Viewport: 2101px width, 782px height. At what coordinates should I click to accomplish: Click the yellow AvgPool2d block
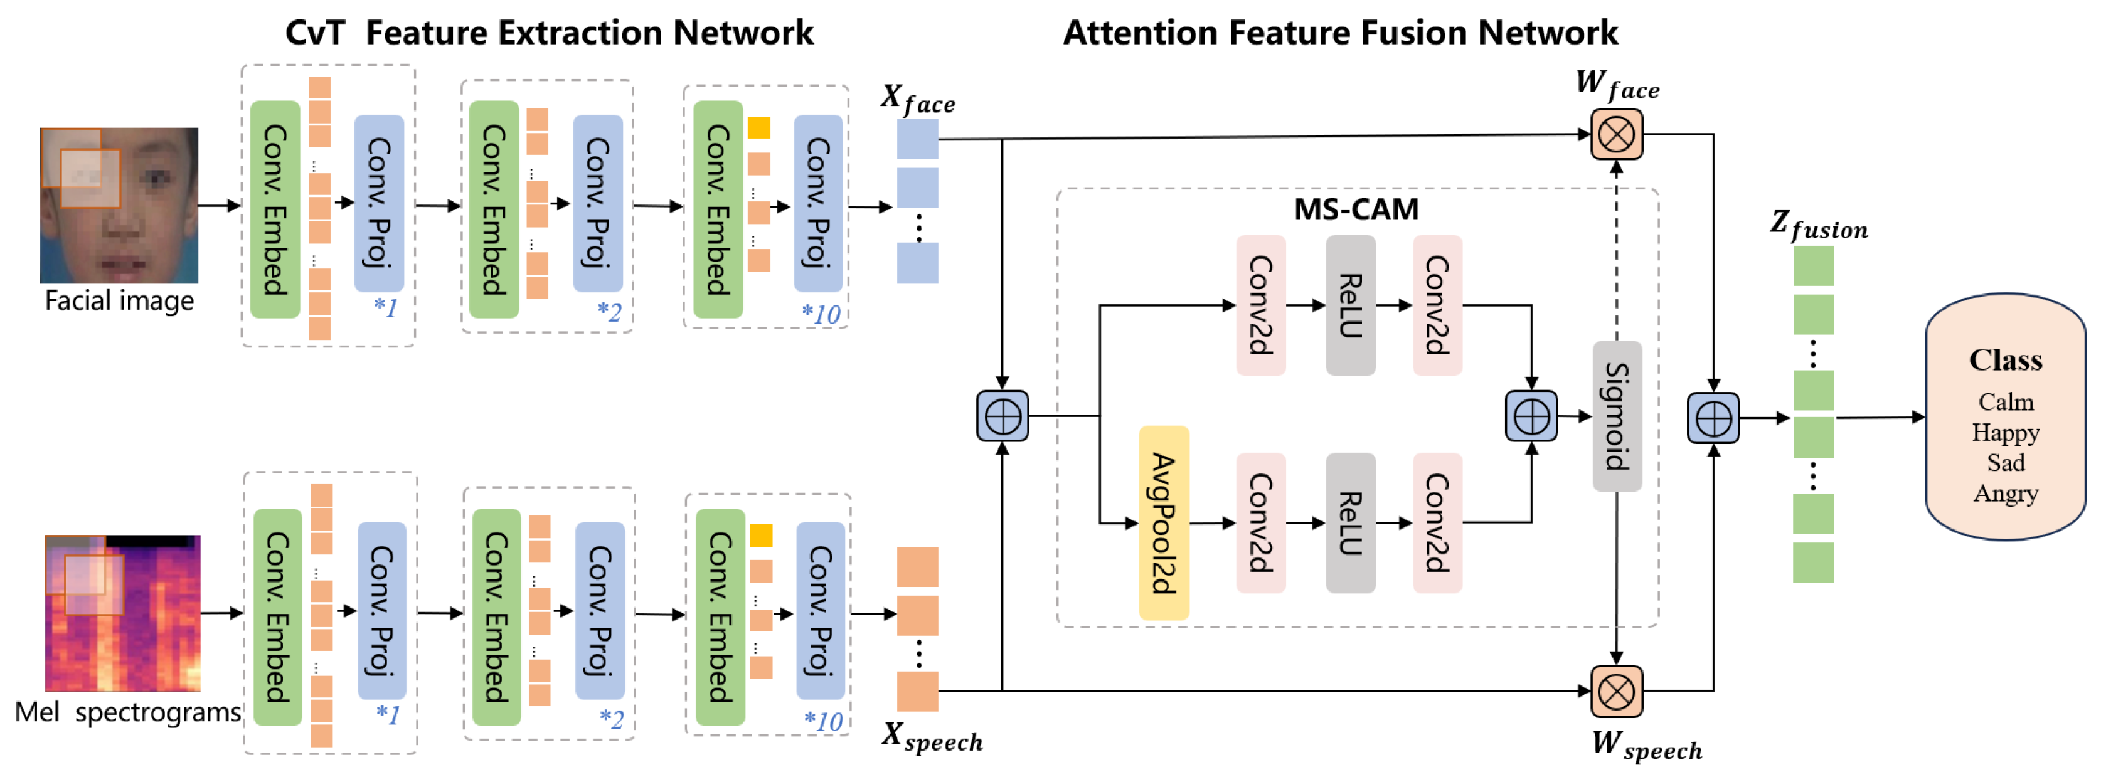coord(1163,523)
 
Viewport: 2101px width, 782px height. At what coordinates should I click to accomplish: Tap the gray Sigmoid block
coord(1617,416)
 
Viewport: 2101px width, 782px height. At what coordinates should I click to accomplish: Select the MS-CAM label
coord(1356,209)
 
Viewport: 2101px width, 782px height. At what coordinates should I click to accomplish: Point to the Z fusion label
coord(1818,225)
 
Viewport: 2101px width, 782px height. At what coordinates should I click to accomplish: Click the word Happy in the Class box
coord(2005,432)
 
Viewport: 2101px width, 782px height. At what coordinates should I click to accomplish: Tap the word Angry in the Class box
coord(2005,494)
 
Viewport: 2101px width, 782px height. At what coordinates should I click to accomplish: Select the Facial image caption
coord(119,301)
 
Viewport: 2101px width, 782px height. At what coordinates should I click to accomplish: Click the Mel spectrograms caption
coord(128,712)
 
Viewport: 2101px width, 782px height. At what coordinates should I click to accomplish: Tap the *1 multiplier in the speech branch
coord(388,714)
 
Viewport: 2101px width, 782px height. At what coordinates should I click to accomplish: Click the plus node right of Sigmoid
coord(1713,418)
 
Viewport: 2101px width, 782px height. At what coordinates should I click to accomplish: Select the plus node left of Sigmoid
coord(1531,416)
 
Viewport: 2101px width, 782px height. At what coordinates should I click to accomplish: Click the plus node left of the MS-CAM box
coord(1003,416)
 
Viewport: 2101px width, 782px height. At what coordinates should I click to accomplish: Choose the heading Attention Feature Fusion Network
coord(1339,33)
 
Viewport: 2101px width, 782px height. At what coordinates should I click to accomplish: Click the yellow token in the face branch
coord(758,128)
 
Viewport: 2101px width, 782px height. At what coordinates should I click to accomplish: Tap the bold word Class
coord(2005,359)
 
